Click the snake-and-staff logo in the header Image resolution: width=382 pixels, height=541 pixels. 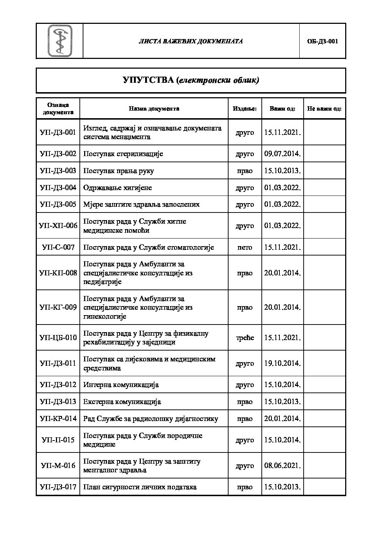(x=60, y=41)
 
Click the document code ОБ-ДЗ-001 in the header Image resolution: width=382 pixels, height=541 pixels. (x=322, y=41)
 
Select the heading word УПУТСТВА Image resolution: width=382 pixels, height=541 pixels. (x=148, y=80)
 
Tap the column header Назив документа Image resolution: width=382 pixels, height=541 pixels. (x=154, y=108)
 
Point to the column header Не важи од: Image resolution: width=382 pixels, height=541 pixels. (x=324, y=108)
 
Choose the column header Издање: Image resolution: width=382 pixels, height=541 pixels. (x=244, y=108)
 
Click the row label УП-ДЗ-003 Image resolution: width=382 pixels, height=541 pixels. (x=58, y=171)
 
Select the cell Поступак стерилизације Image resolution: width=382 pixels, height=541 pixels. (x=123, y=154)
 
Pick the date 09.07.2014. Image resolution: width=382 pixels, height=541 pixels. (x=282, y=154)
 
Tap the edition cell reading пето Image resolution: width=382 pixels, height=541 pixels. (x=244, y=248)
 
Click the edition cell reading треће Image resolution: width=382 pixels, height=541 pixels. (x=244, y=338)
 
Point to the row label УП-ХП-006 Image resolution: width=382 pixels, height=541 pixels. (x=58, y=226)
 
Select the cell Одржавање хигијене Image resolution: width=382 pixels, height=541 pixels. (x=118, y=188)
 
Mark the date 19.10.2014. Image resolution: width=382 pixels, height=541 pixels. (x=282, y=364)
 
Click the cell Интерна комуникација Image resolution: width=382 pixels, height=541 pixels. (x=121, y=385)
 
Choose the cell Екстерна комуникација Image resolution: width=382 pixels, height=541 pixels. (x=122, y=402)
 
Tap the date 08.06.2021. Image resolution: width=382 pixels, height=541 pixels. (x=282, y=466)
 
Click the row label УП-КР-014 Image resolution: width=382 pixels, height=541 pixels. (x=58, y=419)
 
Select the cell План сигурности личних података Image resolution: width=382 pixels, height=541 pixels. (x=140, y=487)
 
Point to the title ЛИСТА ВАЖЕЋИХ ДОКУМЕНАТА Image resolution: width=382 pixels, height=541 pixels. (x=191, y=41)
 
